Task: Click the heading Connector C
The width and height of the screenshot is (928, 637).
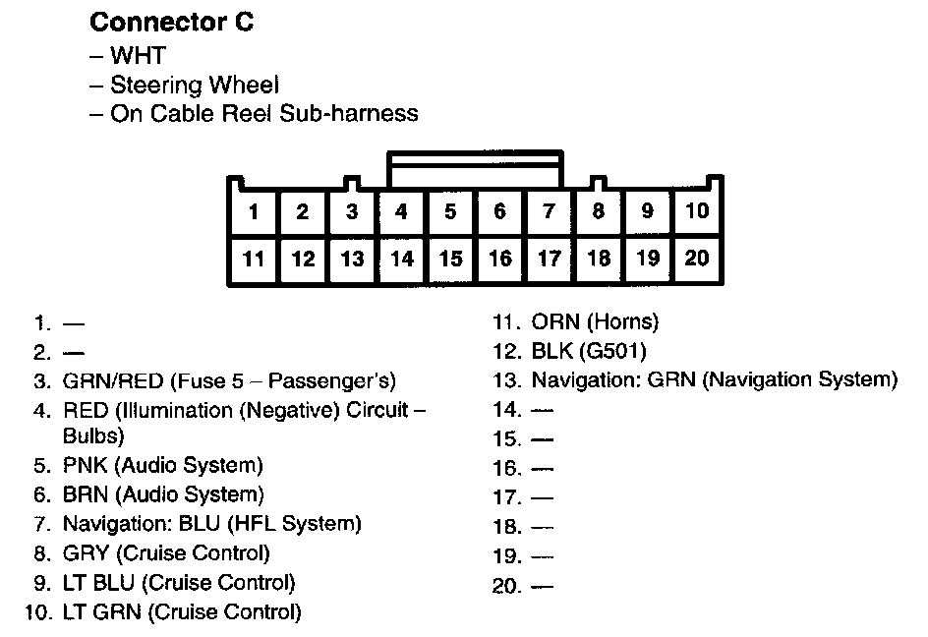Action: [x=172, y=23]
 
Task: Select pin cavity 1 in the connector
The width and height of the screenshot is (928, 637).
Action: [x=254, y=210]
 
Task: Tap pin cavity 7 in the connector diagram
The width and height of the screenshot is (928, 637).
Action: [x=549, y=210]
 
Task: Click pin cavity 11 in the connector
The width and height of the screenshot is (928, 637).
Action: [x=254, y=259]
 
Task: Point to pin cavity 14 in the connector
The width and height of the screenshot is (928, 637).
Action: [x=401, y=259]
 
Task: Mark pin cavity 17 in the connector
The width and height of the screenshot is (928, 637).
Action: [x=549, y=259]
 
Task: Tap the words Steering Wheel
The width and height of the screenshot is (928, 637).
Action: [x=194, y=85]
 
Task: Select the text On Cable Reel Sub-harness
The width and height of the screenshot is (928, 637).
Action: [x=262, y=113]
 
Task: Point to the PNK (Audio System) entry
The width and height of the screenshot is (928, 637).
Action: [x=163, y=465]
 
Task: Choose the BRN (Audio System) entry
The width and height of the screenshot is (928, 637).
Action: [x=163, y=494]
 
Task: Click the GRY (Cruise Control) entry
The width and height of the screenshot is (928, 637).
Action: [x=166, y=553]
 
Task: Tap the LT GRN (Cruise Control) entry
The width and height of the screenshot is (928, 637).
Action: [x=182, y=613]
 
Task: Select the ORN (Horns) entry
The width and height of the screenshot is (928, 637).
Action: [x=595, y=321]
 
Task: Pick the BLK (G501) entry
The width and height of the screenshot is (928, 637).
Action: [x=589, y=351]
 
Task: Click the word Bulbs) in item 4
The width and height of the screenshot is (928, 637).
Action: [x=93, y=434]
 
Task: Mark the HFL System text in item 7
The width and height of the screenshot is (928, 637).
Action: [x=309, y=524]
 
